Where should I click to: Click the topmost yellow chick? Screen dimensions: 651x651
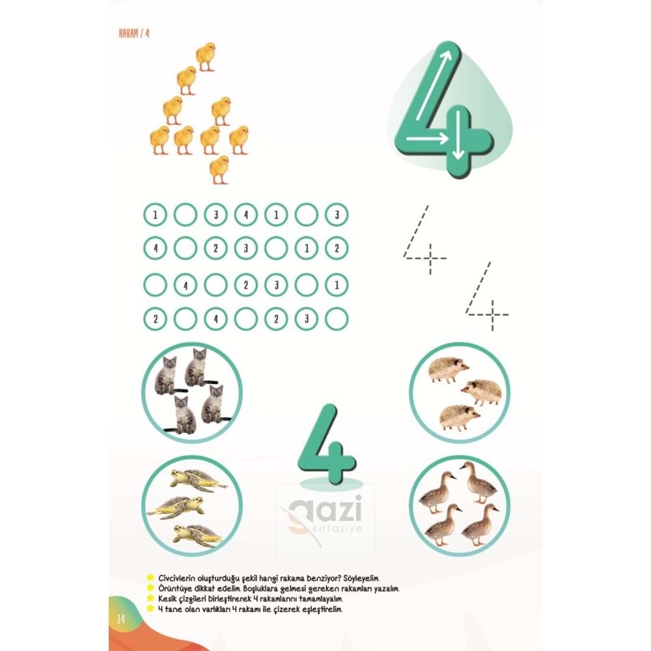pos(205,56)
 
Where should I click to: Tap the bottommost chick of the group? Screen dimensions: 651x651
pos(220,169)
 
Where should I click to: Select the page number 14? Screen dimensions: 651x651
pos(120,618)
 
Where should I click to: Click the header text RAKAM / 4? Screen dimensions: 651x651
pos(135,34)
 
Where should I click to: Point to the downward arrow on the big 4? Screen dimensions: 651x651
pos(459,134)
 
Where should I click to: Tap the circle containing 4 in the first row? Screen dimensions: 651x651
pos(245,214)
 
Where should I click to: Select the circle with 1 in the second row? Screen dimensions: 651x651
pos(307,248)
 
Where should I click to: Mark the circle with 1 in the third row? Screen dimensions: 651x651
pos(337,284)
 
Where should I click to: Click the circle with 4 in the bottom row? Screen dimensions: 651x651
pos(215,319)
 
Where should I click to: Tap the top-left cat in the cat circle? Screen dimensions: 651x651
pos(167,374)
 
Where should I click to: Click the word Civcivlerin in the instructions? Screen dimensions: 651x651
pos(179,578)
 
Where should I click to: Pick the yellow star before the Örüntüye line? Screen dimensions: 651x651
pos(151,588)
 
